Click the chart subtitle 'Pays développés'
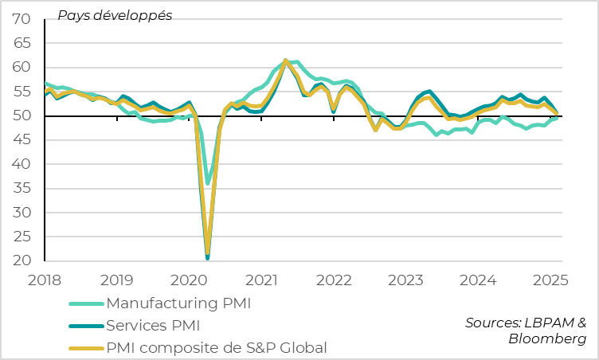(114, 15)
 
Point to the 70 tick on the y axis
(22, 18)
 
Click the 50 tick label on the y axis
(22, 115)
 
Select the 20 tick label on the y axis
(22, 261)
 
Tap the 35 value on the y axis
(22, 189)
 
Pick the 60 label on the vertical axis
(22, 67)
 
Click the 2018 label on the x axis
(45, 280)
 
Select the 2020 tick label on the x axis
(190, 280)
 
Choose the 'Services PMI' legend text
(153, 325)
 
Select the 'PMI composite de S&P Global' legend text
(216, 347)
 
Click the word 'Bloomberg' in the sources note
(547, 338)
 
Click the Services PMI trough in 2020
(208, 257)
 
